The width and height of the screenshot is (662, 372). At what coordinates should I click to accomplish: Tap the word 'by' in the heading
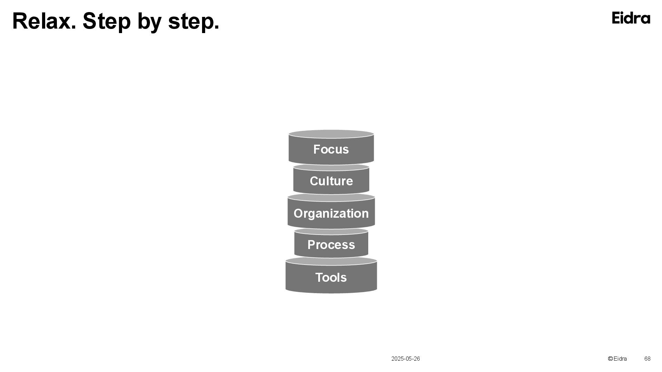point(149,22)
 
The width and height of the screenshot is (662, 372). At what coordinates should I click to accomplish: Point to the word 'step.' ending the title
point(193,22)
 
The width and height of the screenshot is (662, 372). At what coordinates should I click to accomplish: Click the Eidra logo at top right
point(631,18)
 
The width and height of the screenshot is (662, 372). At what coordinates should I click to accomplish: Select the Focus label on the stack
point(331,149)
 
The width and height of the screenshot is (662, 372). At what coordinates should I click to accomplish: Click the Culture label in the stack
point(331,181)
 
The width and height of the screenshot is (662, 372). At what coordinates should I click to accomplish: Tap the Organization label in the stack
point(331,214)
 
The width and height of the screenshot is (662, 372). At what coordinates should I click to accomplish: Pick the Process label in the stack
point(331,245)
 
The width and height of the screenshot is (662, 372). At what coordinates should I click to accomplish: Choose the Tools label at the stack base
point(331,278)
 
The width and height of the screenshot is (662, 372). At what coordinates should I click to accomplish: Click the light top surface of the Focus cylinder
point(331,134)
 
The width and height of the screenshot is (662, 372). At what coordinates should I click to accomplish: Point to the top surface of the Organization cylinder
point(331,197)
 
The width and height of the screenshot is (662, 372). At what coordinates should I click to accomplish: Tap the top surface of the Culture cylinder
point(331,167)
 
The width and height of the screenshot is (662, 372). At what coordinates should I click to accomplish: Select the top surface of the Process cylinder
point(331,231)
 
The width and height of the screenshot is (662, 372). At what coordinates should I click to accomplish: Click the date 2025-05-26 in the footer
point(405,359)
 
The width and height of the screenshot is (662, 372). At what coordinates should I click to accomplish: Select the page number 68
point(647,359)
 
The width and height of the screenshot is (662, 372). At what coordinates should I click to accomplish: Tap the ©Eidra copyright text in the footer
point(617,359)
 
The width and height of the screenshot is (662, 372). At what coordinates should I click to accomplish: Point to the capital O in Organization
point(298,214)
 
